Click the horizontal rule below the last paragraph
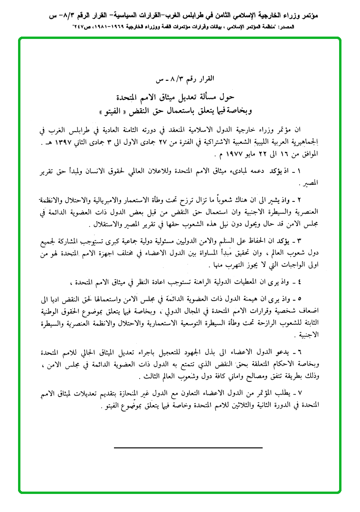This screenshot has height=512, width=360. pyautogui.click(x=188, y=448)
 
